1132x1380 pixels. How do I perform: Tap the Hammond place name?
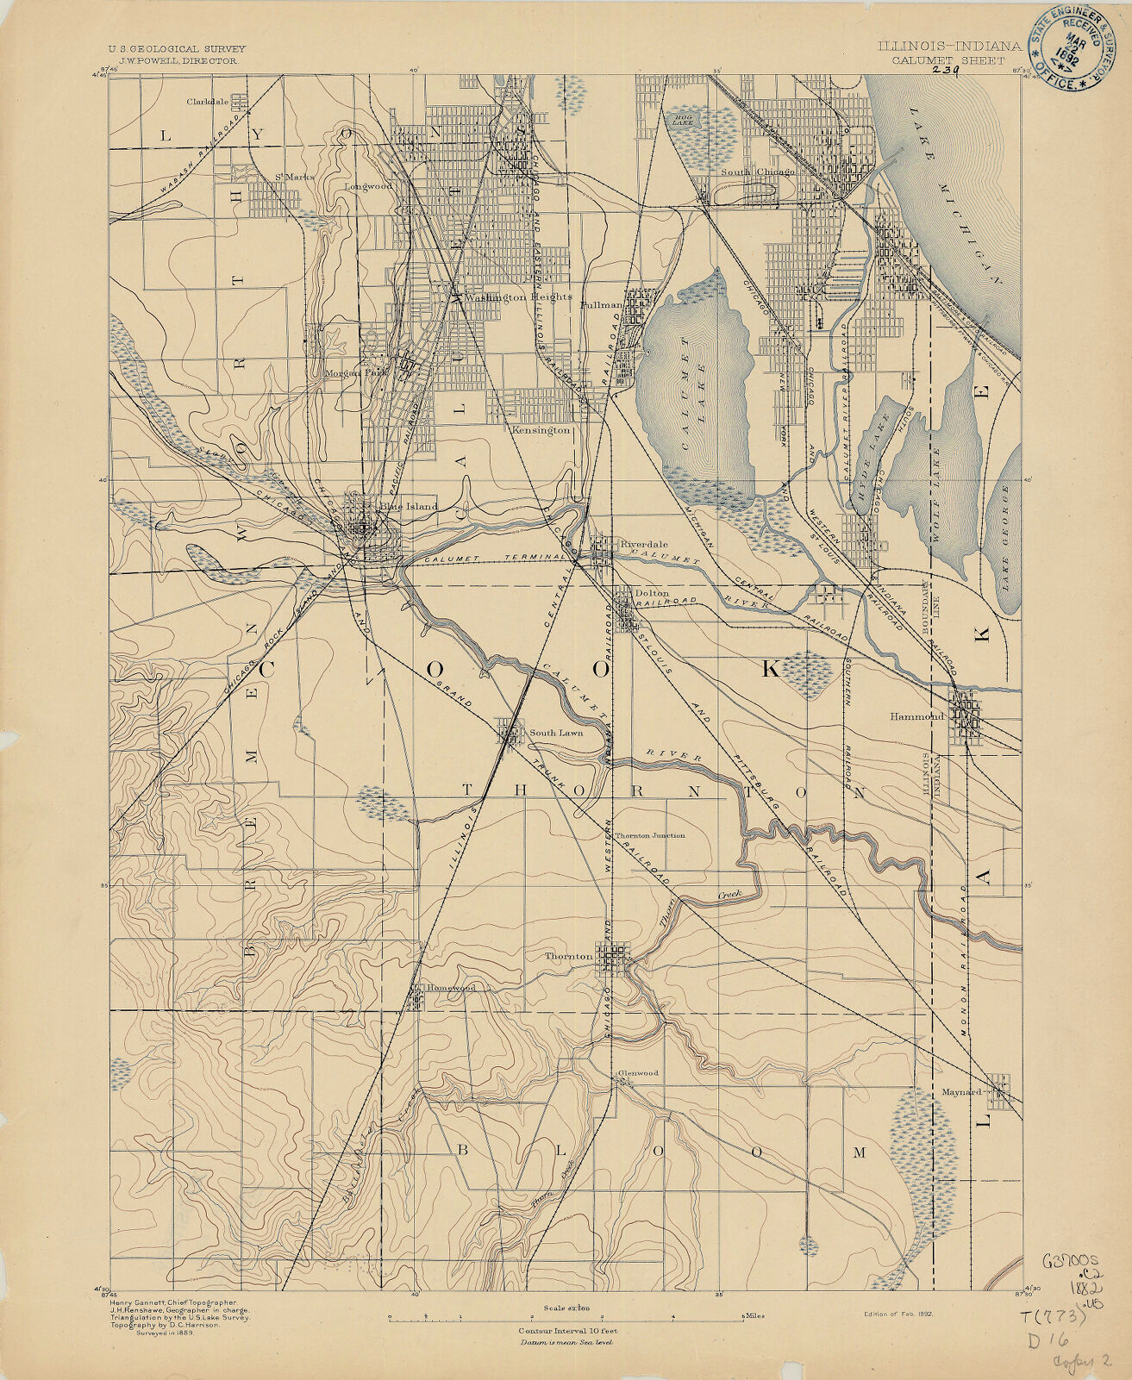pos(917,716)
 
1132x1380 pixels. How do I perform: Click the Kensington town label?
pos(541,429)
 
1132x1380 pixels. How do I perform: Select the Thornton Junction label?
pos(650,835)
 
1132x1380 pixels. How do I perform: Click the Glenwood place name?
pos(638,1073)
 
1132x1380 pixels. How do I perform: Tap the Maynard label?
pos(962,1091)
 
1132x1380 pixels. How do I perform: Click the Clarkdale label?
pos(208,101)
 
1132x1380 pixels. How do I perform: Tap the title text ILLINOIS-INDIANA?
pos(950,47)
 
